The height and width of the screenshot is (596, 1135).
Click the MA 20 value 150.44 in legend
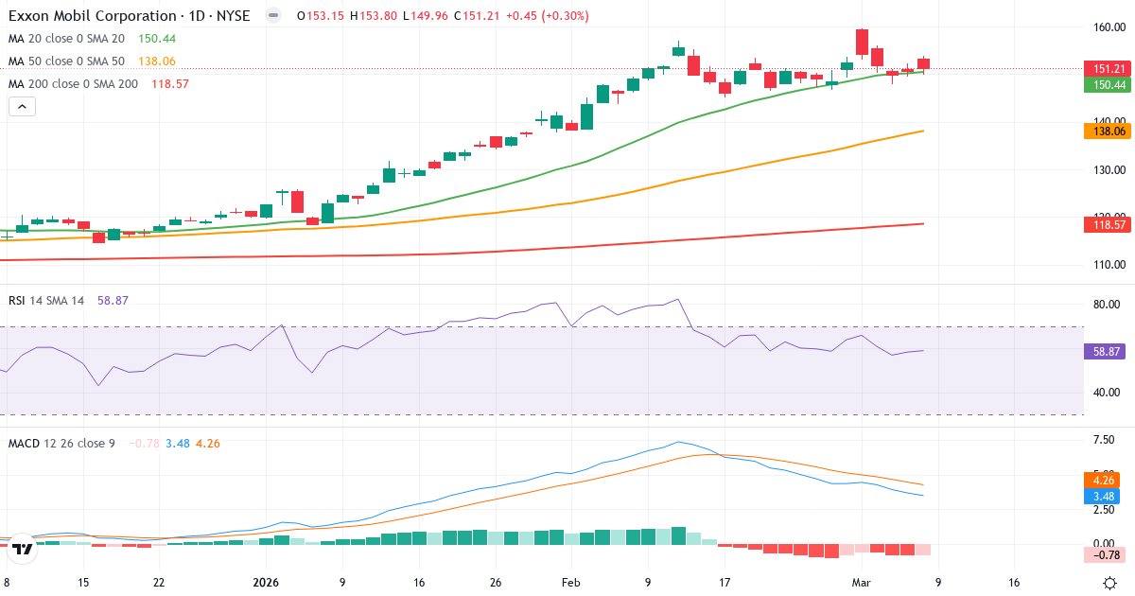point(156,39)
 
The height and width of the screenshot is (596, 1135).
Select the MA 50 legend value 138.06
point(156,61)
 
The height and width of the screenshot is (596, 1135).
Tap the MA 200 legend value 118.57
point(164,84)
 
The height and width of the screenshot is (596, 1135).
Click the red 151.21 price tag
point(1107,69)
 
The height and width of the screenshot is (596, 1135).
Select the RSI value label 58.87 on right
point(1107,351)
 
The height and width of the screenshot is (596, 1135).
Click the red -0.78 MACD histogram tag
point(1103,554)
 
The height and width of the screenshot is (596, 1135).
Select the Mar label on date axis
point(862,583)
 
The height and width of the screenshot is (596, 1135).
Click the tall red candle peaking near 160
point(862,42)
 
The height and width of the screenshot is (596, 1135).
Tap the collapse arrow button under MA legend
point(22,107)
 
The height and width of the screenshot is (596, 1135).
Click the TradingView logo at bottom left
point(24,548)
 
